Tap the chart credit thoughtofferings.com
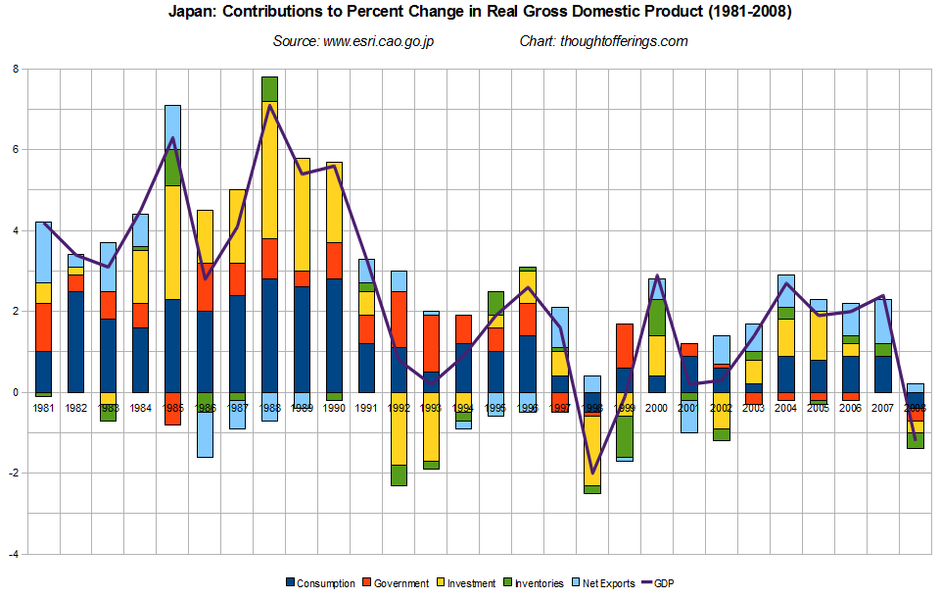pyautogui.click(x=603, y=41)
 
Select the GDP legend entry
pyautogui.click(x=664, y=583)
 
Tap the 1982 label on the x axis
pyautogui.click(x=76, y=407)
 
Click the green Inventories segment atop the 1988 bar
pyautogui.click(x=269, y=88)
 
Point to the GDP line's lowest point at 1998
pyautogui.click(x=592, y=473)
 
